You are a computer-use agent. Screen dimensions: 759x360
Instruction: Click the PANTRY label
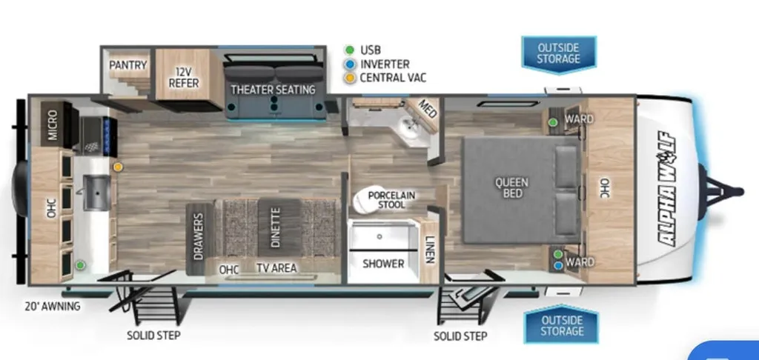pyautogui.click(x=127, y=65)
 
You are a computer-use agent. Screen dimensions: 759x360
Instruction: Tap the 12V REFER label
pyautogui.click(x=184, y=78)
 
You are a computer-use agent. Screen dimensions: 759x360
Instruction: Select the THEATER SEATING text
pyautogui.click(x=273, y=90)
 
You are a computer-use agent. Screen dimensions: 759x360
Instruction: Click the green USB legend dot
pyautogui.click(x=350, y=50)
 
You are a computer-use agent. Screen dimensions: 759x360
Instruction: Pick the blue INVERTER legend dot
pyautogui.click(x=350, y=64)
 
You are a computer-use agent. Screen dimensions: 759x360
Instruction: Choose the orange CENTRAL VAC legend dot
pyautogui.click(x=350, y=78)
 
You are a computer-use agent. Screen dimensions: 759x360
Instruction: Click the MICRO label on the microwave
pyautogui.click(x=53, y=125)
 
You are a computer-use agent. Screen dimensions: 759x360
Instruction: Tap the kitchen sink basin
pyautogui.click(x=96, y=193)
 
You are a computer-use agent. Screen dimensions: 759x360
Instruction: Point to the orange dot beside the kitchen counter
pyautogui.click(x=118, y=167)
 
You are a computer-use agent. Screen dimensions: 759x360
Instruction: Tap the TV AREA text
pyautogui.click(x=277, y=267)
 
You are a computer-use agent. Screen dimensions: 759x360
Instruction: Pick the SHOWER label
pyautogui.click(x=383, y=264)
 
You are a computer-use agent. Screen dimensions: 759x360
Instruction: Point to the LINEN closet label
pyautogui.click(x=429, y=250)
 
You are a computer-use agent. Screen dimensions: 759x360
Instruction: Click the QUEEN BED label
pyautogui.click(x=511, y=187)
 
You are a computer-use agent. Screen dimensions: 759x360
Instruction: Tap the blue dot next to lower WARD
pyautogui.click(x=558, y=266)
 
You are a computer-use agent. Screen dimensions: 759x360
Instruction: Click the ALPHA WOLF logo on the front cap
pyautogui.click(x=667, y=189)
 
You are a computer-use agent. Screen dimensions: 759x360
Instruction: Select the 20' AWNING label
pyautogui.click(x=53, y=306)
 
